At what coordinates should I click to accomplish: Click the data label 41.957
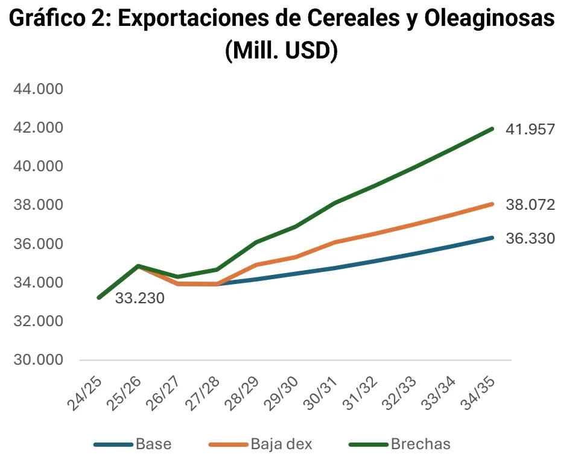[530, 129]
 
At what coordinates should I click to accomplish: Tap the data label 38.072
[530, 205]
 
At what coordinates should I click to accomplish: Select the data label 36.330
[530, 239]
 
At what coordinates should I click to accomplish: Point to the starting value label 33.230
[139, 298]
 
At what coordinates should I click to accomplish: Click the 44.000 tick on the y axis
[38, 89]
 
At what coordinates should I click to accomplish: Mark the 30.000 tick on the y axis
[38, 360]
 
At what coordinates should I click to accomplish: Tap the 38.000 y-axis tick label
[38, 205]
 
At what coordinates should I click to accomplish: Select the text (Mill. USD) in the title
[281, 50]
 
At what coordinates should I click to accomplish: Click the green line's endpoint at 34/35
[492, 129]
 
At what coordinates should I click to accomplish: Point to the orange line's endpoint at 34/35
[492, 204]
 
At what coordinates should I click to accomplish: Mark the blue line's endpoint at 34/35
[492, 238]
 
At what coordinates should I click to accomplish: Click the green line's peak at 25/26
[138, 266]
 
